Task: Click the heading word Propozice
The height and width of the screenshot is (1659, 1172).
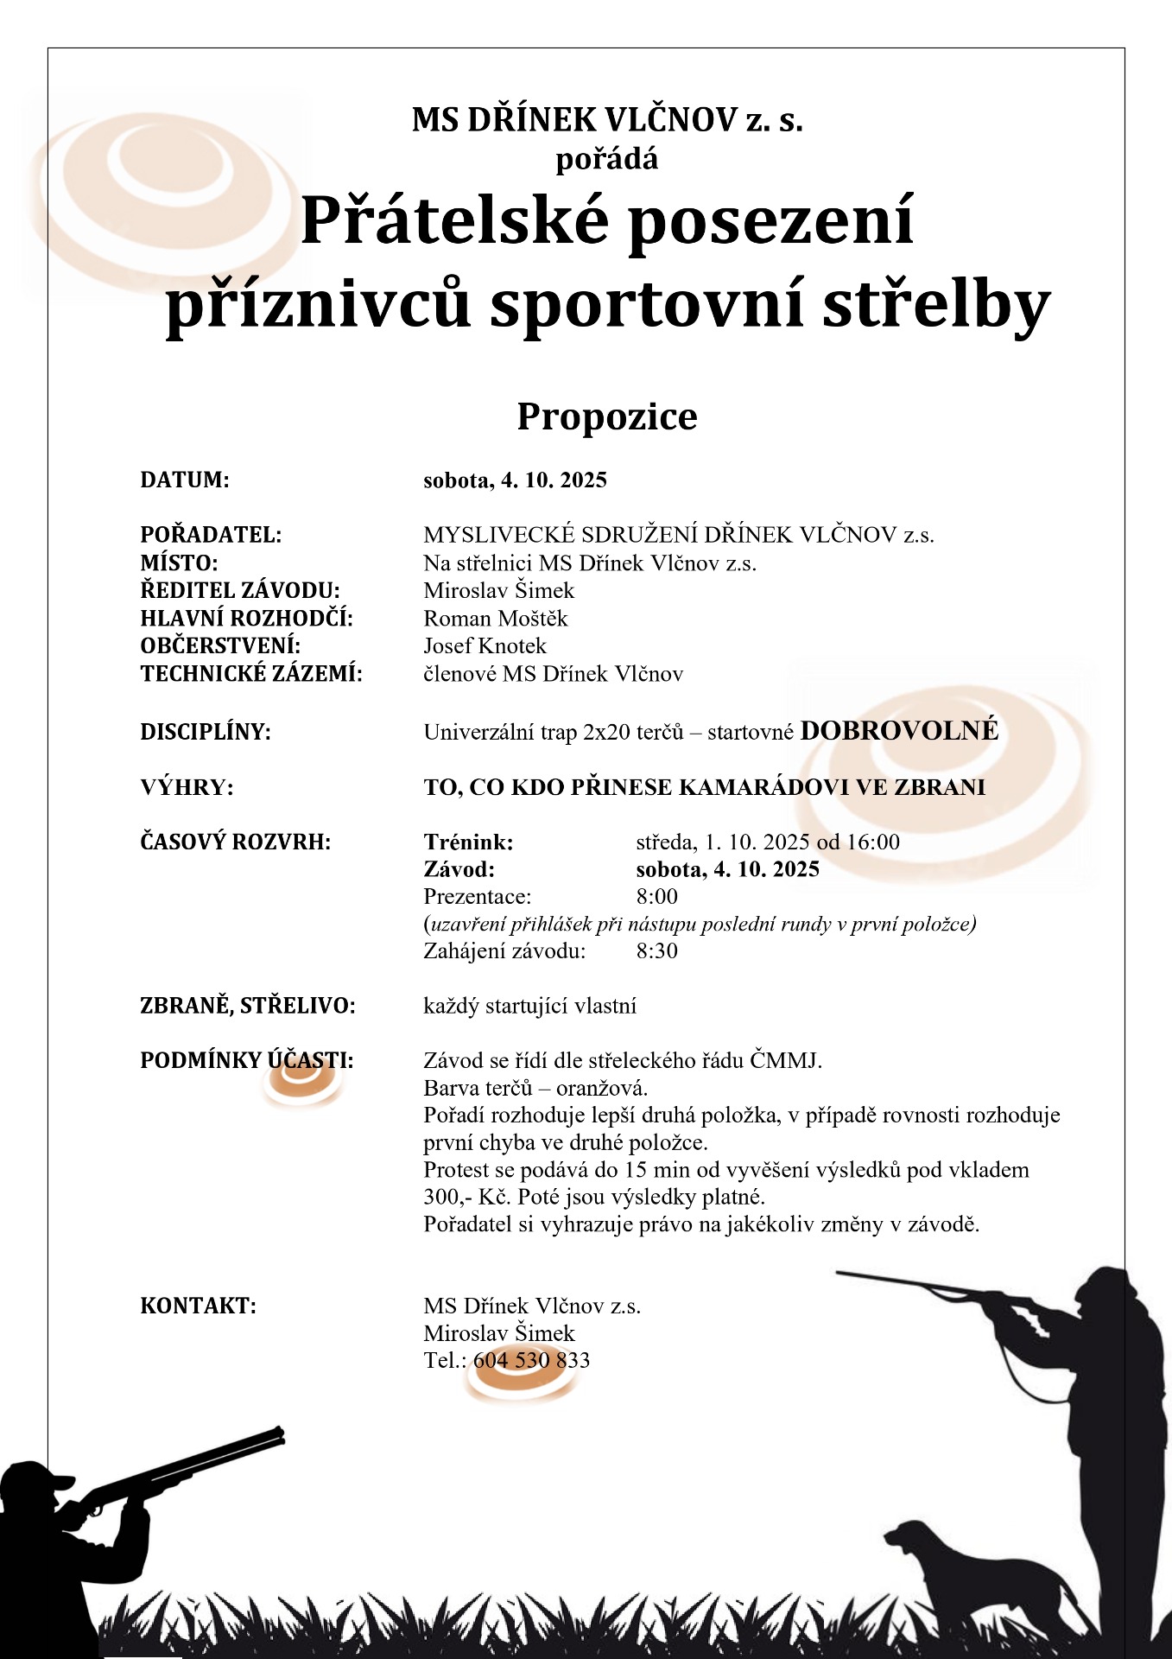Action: point(606,416)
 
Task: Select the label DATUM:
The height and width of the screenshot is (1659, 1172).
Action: point(185,480)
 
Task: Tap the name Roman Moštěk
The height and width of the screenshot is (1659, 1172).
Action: point(495,619)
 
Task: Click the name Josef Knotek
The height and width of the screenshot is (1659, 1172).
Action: point(485,646)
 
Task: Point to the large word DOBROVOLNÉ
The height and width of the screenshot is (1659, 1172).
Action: point(899,731)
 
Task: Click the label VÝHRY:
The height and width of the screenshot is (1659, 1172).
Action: point(187,787)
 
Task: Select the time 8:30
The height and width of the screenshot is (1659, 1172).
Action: point(656,951)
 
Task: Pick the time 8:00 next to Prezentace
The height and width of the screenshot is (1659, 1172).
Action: point(656,896)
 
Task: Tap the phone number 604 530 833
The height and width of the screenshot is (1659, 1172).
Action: point(531,1360)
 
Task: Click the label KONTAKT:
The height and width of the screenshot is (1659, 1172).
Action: point(198,1306)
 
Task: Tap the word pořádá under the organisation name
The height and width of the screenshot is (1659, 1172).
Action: point(606,160)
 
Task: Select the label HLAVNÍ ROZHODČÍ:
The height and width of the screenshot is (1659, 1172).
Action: point(247,619)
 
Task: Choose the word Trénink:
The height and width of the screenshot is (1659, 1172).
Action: point(468,842)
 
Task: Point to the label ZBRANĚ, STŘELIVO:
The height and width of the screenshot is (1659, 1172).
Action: point(248,1006)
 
